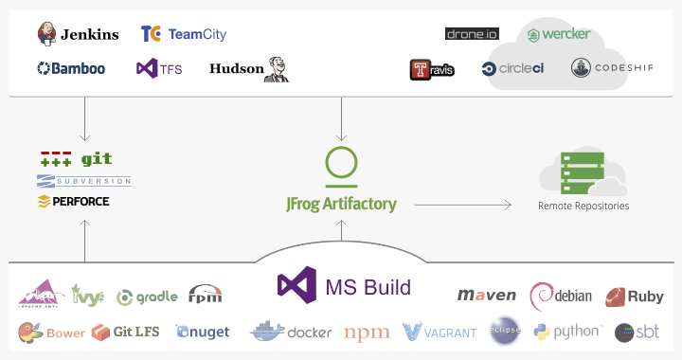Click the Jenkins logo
tap(78, 34)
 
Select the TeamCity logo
tap(184, 34)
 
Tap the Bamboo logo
tap(71, 68)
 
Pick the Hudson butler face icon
tap(277, 68)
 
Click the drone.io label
tap(472, 34)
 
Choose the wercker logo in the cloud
tap(560, 34)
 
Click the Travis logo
tap(432, 69)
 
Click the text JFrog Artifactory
tap(341, 204)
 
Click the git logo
tap(83, 159)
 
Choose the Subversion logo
tap(83, 181)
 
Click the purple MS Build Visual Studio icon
tap(296, 285)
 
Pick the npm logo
tap(367, 333)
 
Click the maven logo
tap(487, 296)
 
